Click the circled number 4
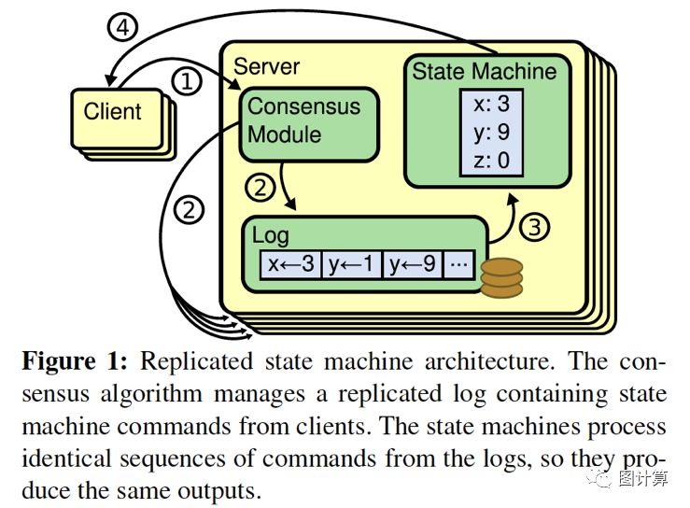coord(122,27)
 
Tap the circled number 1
coord(187,81)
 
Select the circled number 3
coord(534,227)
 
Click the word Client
coord(113,111)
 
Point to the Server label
coord(266,66)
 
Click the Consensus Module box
coord(309,124)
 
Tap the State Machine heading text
coord(484,71)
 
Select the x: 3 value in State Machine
coord(491,104)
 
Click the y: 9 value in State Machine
coord(491,132)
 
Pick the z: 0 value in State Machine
coord(491,161)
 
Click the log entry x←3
coord(291,264)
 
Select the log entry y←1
coord(352,264)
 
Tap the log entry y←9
coord(413,264)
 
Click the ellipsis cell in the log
coord(459,264)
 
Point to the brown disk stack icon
coord(501,277)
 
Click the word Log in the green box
coord(270,236)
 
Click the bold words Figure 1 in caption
coord(75,361)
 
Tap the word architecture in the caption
coord(487,361)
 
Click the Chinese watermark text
coord(643,478)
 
